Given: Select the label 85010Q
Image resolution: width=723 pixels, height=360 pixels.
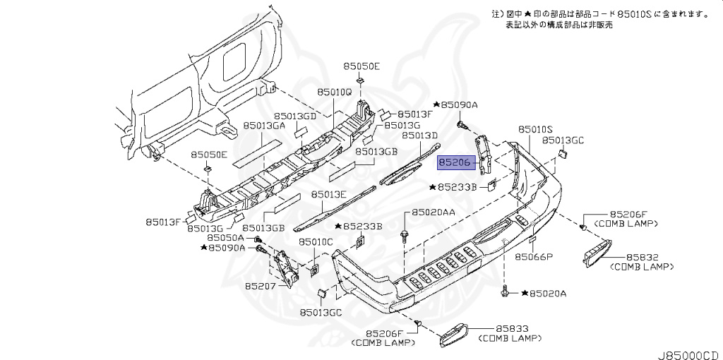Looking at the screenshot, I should (x=334, y=92).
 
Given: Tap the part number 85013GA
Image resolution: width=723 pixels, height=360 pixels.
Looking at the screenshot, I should (x=264, y=125).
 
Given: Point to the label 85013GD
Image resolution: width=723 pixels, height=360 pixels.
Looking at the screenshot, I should (x=295, y=115).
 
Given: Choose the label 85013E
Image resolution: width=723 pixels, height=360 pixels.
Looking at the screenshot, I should (x=328, y=194).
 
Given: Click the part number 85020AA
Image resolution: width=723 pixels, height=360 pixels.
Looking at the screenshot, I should (x=434, y=212).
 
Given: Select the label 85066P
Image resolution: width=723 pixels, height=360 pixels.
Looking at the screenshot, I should (x=533, y=257).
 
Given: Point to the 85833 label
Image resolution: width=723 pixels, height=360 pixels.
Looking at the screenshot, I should (x=513, y=329).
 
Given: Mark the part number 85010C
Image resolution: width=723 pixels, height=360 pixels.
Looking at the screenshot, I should (x=315, y=241).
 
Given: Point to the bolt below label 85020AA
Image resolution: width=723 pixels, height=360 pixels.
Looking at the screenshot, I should (x=404, y=234).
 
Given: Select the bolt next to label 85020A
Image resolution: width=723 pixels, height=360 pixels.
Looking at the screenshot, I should (x=507, y=290).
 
